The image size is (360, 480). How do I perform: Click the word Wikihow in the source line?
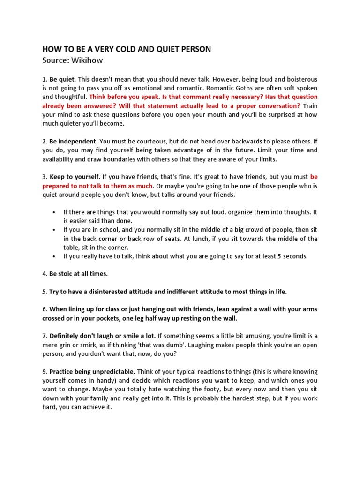86,60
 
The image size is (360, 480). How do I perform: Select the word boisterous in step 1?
300,79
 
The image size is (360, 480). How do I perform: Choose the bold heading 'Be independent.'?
74,141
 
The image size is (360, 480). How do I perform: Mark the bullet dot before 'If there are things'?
55,212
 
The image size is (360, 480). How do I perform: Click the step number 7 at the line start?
44,336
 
